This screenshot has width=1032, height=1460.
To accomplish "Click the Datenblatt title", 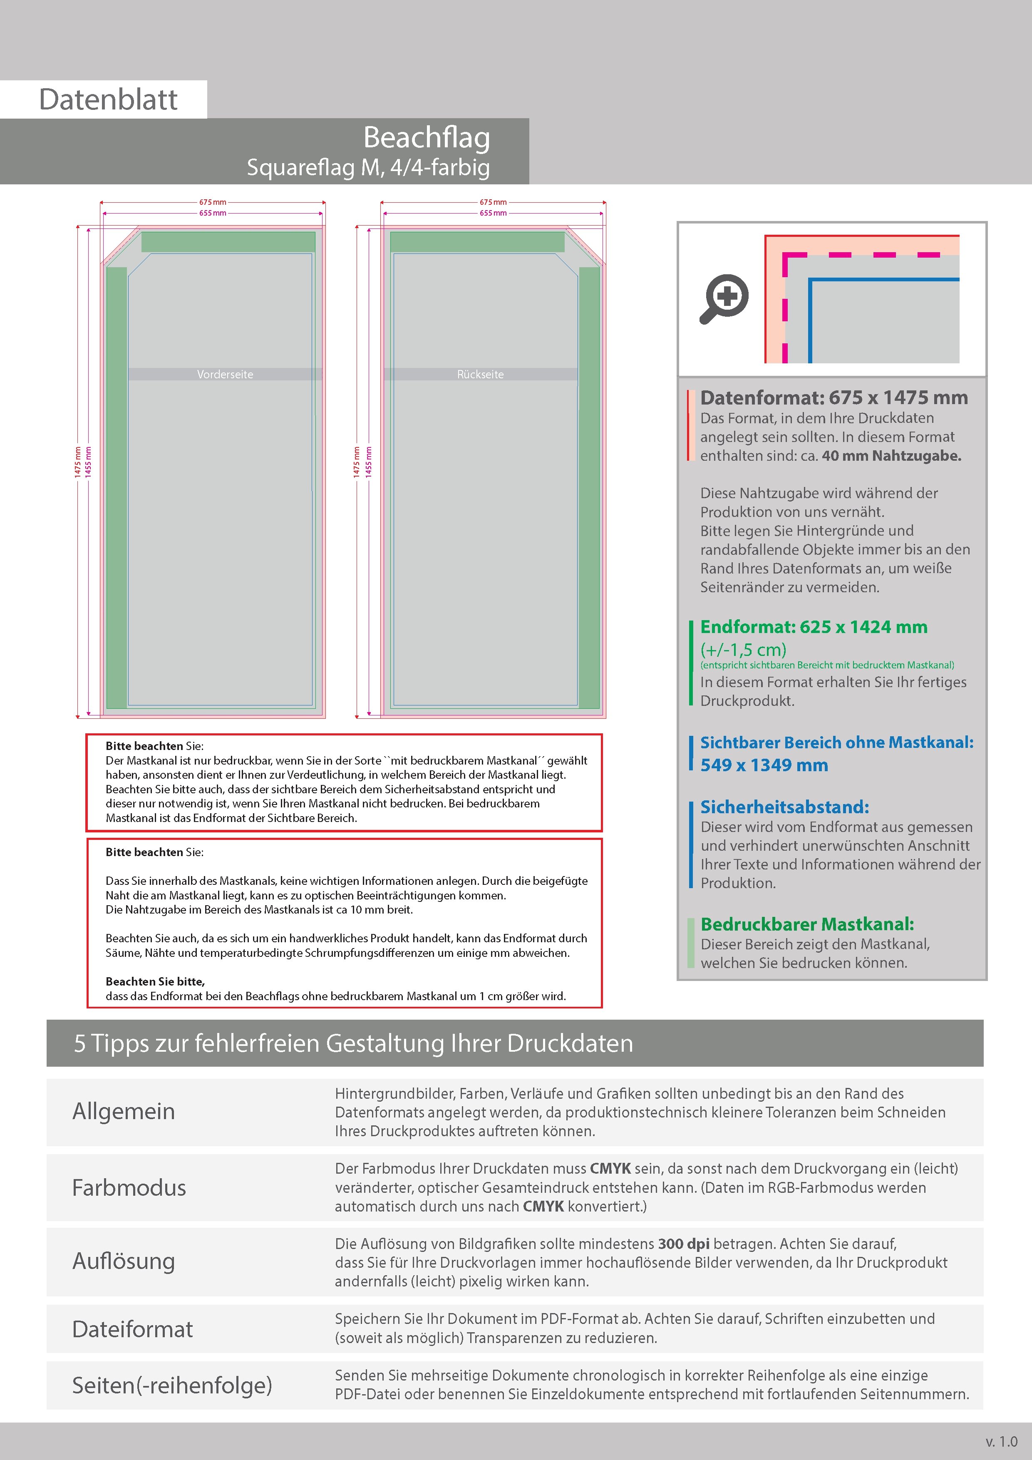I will click(x=108, y=100).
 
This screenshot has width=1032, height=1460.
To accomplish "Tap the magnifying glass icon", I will click(x=724, y=299).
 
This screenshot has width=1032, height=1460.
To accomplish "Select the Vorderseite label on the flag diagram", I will click(x=225, y=375).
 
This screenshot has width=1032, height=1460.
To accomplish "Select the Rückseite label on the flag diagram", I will click(x=480, y=375).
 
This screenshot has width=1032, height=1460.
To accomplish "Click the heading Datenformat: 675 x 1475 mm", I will click(x=834, y=398).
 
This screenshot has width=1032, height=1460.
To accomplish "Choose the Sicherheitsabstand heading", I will click(x=784, y=807).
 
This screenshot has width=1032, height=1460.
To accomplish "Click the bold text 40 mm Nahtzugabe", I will click(x=891, y=456).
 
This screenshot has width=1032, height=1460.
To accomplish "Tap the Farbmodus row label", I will click(x=129, y=1188).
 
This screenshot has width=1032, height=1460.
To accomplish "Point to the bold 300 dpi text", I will click(x=684, y=1244).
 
